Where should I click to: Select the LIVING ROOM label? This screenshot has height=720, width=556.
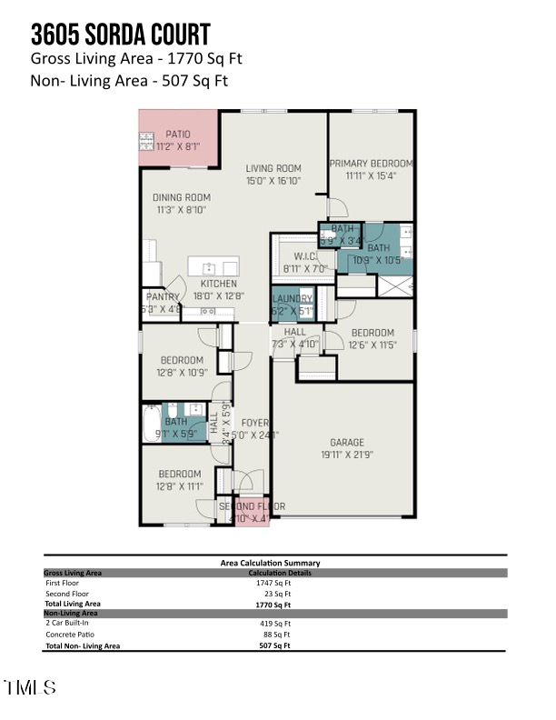click(x=273, y=168)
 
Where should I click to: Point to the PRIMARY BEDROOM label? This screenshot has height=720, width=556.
click(x=371, y=164)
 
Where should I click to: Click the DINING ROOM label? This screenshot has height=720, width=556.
click(x=181, y=197)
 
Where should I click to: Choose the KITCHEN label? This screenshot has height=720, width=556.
click(x=218, y=284)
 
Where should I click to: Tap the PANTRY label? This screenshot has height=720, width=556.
click(x=163, y=296)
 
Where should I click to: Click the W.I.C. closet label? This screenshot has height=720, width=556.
click(x=300, y=256)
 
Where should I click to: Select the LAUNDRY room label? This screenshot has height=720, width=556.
click(x=292, y=299)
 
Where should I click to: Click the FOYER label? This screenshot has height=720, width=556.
click(x=253, y=423)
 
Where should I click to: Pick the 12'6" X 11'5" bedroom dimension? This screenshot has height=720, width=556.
click(x=372, y=345)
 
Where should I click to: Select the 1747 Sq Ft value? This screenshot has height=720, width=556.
click(x=275, y=583)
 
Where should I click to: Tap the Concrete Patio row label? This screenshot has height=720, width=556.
click(x=68, y=635)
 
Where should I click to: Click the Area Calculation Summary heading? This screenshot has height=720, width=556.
click(x=270, y=563)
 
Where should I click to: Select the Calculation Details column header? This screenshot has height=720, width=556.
click(x=279, y=573)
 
